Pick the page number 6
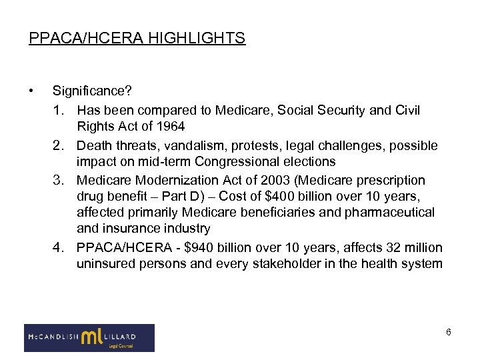pyautogui.click(x=449, y=332)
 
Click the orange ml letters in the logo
pyautogui.click(x=91, y=337)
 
